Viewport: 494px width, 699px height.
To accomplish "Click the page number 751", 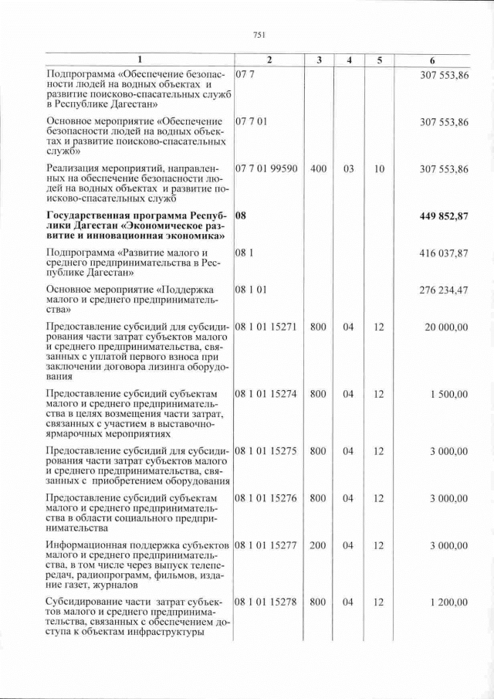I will [x=259, y=34].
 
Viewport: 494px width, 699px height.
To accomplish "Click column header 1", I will [x=139, y=59].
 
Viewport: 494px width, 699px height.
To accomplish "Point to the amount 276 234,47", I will [x=445, y=290].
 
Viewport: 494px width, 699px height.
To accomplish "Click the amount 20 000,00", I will [x=448, y=327].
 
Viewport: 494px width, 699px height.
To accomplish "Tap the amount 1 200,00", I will [x=450, y=602].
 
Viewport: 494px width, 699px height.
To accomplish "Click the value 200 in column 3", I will [x=318, y=546].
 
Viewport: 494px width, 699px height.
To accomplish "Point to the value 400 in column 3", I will [x=318, y=169].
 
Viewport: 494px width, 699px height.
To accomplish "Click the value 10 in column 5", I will [x=379, y=169].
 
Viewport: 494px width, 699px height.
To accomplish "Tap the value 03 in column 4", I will [x=349, y=169].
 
